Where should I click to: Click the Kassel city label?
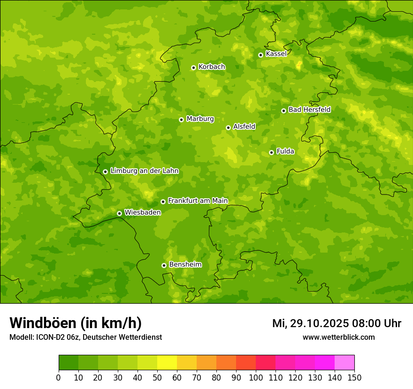(276, 54)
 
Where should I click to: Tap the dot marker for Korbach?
(193, 67)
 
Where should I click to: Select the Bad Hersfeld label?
(309, 110)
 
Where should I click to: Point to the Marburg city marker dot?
(181, 120)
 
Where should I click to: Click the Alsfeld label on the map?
(244, 127)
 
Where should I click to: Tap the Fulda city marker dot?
(271, 152)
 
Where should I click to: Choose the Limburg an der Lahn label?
(144, 171)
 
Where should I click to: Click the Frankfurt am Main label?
(198, 201)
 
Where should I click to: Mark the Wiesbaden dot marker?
(119, 213)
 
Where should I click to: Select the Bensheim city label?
(185, 264)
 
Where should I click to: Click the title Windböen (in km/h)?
(76, 323)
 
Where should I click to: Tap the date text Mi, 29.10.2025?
(310, 323)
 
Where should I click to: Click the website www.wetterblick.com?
(338, 337)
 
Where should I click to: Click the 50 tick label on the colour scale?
(157, 377)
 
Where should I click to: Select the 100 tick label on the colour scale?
(256, 377)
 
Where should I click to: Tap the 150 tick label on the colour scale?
(354, 377)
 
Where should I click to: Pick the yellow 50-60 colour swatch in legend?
(167, 363)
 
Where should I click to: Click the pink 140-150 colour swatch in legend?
(344, 363)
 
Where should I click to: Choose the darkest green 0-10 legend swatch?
(69, 363)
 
